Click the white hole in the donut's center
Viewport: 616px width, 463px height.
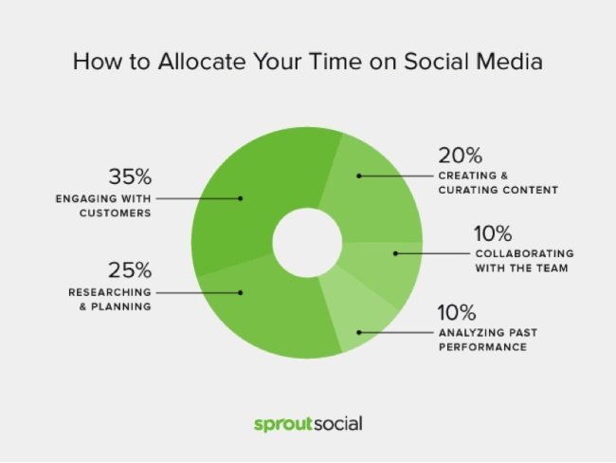point(306,241)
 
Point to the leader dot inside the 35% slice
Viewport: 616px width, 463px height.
point(242,198)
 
